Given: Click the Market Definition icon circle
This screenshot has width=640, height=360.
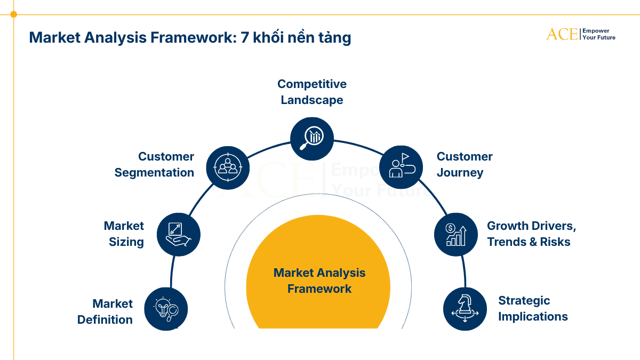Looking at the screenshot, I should (x=166, y=309).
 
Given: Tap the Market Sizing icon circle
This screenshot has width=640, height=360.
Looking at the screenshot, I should (x=179, y=235).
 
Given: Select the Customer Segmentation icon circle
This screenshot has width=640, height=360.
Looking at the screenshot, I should (x=228, y=166).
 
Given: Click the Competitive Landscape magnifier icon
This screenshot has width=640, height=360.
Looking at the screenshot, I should (x=312, y=138).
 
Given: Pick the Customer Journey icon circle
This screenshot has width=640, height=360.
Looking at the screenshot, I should (x=401, y=166).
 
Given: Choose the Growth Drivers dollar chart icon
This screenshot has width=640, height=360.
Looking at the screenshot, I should (x=455, y=235).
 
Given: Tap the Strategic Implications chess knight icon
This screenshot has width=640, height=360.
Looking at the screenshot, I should (x=465, y=309).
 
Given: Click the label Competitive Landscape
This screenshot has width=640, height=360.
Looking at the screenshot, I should (x=312, y=92).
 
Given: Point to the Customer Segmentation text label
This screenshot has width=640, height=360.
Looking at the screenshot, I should (x=154, y=164).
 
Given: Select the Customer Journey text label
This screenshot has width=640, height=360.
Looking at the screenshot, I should (x=465, y=164).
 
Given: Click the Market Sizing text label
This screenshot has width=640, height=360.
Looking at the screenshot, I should (x=124, y=234).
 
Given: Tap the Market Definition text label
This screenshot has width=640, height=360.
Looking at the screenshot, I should (x=105, y=311).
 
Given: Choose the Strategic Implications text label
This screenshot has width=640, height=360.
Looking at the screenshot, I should (x=533, y=308).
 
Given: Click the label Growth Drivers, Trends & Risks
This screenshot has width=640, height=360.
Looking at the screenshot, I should (x=531, y=234).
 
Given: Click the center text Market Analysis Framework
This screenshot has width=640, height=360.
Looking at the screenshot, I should (x=319, y=281).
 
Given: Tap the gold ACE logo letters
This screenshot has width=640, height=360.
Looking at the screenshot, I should (x=562, y=34).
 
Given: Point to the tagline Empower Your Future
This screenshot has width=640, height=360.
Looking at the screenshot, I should (x=598, y=34).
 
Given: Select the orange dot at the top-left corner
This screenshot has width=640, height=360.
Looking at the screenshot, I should (x=13, y=14).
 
